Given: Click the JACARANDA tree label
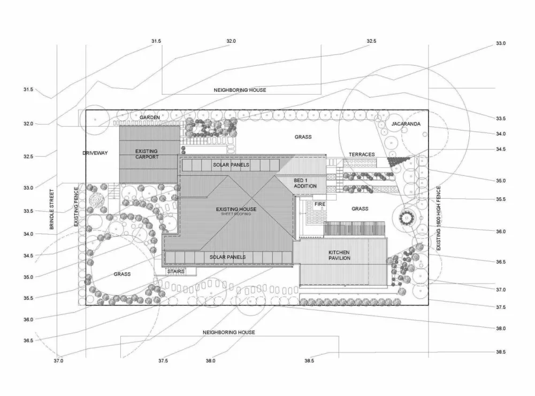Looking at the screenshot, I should (x=406, y=124).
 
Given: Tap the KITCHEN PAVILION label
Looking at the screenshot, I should (x=339, y=255).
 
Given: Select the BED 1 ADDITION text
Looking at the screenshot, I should (x=305, y=183).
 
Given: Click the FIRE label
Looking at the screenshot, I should (x=319, y=204).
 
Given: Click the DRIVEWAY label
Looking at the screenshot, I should (x=95, y=153).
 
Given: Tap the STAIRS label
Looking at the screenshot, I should (x=176, y=271).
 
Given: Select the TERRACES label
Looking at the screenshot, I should (x=361, y=154).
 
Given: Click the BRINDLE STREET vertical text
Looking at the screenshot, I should (x=52, y=209).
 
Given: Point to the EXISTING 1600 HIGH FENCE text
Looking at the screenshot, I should (x=439, y=218).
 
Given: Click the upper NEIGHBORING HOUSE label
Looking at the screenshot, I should (x=240, y=90).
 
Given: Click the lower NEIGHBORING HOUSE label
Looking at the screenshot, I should (x=228, y=332).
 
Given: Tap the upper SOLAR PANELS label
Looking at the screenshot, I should (x=231, y=165).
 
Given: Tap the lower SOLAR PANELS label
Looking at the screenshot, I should (x=227, y=257).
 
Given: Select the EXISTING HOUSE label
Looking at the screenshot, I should (x=236, y=209).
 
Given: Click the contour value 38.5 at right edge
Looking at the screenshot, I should (x=500, y=352).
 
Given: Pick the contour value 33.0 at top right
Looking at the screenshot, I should (x=500, y=43).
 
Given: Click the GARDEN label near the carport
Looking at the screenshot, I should (x=150, y=117).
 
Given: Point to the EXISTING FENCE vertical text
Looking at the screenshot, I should (x=76, y=206).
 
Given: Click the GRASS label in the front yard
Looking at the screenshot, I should (x=122, y=274).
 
